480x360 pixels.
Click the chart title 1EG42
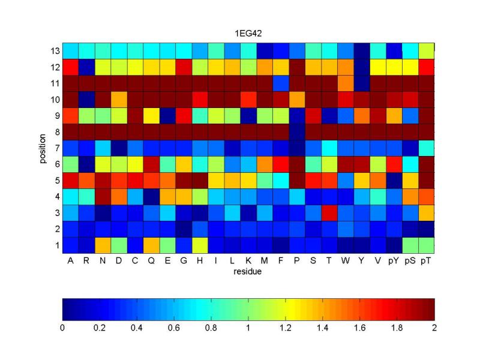[248, 33]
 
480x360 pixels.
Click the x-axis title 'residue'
[247, 272]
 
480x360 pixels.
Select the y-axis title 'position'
[43, 148]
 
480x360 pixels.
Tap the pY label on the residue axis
[394, 260]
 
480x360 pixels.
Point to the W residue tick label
[345, 260]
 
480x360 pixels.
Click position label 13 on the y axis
[55, 51]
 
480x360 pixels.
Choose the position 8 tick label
[57, 132]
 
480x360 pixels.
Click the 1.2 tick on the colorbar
[286, 328]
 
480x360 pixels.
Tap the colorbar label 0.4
[137, 328]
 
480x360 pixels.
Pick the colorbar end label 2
[434, 328]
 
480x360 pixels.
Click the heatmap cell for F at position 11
[281, 83]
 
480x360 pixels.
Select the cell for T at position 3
[329, 213]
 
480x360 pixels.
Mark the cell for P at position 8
[297, 132]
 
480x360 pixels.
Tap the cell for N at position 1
[103, 245]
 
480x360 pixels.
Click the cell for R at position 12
[86, 67]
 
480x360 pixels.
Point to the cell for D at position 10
[119, 100]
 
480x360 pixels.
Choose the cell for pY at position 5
[394, 181]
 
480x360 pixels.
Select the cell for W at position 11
[346, 83]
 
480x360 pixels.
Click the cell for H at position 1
[200, 245]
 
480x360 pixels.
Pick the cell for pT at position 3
[426, 213]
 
